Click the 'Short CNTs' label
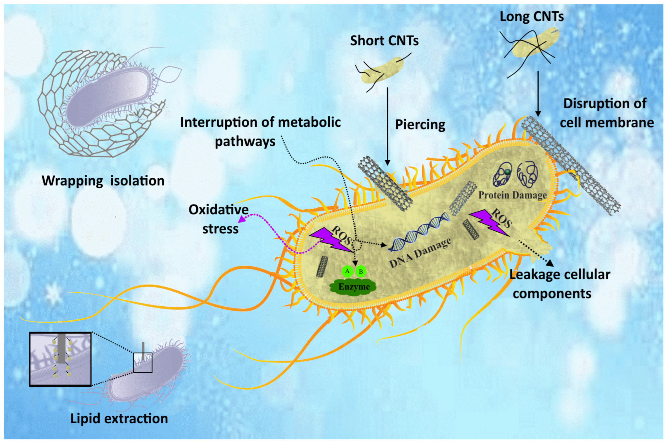pyautogui.click(x=384, y=41)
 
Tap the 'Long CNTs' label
pyautogui.click(x=531, y=17)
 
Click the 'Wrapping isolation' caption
pyautogui.click(x=103, y=181)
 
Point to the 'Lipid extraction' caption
pyautogui.click(x=119, y=419)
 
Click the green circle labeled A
pyautogui.click(x=347, y=271)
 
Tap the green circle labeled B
pyautogui.click(x=361, y=272)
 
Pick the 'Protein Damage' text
pyautogui.click(x=512, y=195)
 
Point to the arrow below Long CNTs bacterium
pyautogui.click(x=538, y=93)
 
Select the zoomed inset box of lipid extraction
pyautogui.click(x=60, y=359)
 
